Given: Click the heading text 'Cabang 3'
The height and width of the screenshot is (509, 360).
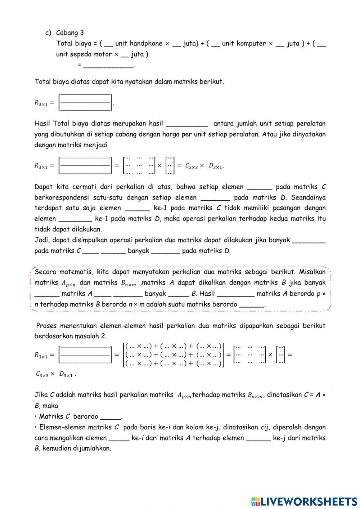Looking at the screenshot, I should point(70,33).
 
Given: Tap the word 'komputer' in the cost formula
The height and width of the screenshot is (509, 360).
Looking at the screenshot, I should point(252,44).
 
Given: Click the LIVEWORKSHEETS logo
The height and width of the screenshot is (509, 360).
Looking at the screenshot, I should point(304,501).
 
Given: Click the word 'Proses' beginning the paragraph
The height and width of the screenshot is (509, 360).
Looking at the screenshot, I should point(47,326).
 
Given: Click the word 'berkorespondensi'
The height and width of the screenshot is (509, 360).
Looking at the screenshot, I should point(60,197).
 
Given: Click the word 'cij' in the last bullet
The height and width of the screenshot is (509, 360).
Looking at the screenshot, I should point(265,428).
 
